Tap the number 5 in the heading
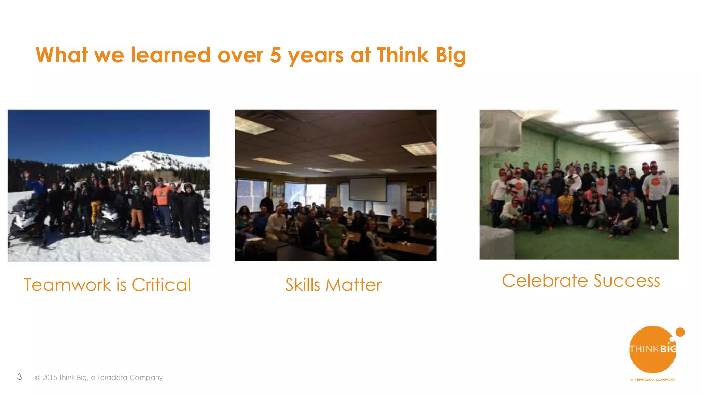(x=275, y=55)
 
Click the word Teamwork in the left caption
(x=68, y=285)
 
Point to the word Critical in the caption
(x=161, y=285)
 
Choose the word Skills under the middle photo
(x=303, y=285)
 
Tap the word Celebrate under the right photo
(x=545, y=281)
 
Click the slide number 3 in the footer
(x=20, y=377)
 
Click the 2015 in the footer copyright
(x=49, y=378)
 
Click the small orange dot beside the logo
(x=680, y=332)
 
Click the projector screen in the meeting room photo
(x=368, y=189)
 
